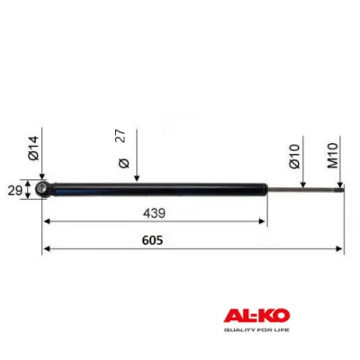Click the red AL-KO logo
pyautogui.click(x=255, y=319)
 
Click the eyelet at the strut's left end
pyautogui.click(x=42, y=189)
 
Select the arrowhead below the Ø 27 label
pyautogui.click(x=136, y=179)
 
